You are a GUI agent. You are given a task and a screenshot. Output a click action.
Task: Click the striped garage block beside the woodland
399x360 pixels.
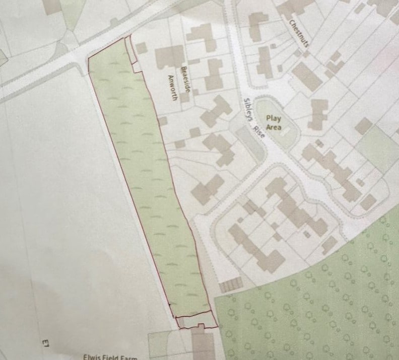[231, 285]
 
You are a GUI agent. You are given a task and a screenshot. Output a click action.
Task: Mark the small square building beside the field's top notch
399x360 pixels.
[142, 48]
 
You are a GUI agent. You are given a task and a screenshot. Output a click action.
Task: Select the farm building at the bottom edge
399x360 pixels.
[203, 345]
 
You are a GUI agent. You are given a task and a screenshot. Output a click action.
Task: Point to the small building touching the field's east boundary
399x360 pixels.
[162, 121]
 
